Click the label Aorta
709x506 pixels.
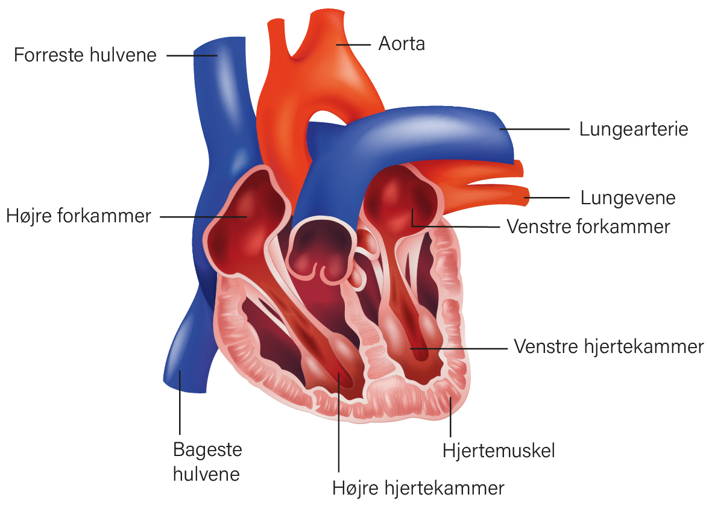click(x=402, y=44)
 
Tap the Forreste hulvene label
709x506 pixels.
click(x=85, y=55)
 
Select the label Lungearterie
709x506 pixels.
click(x=634, y=130)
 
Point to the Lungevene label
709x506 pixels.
click(x=628, y=198)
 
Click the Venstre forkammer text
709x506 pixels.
click(x=588, y=226)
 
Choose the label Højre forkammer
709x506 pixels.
click(x=78, y=216)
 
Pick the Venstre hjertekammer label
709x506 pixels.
click(x=609, y=347)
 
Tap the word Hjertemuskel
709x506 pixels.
click(x=498, y=451)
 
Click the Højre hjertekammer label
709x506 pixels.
click(x=418, y=489)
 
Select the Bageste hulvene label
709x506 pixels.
click(x=207, y=461)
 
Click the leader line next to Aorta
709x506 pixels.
click(x=353, y=45)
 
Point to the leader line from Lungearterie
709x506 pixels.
click(x=534, y=129)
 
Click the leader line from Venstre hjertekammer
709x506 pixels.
click(x=458, y=348)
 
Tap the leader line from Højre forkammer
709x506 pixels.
click(x=204, y=217)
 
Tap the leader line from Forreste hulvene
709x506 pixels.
click(x=192, y=55)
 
